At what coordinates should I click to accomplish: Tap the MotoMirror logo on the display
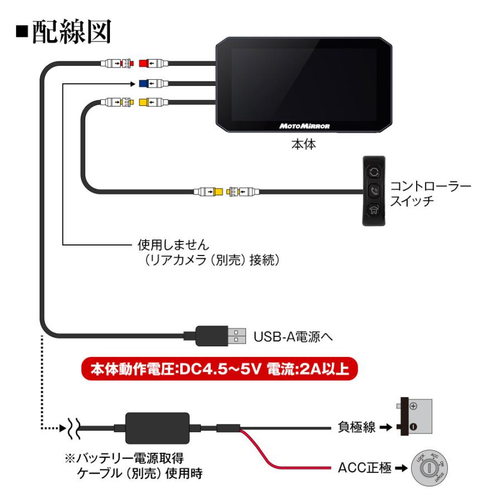304,126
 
